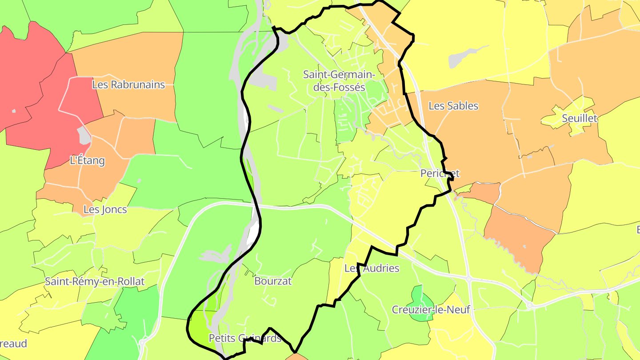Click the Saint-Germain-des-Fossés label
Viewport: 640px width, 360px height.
(339, 81)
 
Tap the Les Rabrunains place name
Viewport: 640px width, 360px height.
(128, 84)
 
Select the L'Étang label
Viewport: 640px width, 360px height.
(88, 160)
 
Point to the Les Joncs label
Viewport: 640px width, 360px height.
(105, 209)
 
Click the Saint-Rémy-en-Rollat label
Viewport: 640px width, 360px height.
(95, 281)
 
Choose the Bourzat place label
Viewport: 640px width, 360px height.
(273, 281)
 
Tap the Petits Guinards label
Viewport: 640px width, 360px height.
(245, 338)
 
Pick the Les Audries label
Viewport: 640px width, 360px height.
(372, 268)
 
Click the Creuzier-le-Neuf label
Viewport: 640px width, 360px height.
(431, 310)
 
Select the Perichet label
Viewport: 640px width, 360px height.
(440, 173)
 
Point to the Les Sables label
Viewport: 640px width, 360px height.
(453, 106)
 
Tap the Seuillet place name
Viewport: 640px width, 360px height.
(580, 118)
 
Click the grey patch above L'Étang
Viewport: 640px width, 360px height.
(84, 135)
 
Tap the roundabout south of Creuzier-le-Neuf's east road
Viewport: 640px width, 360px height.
(529, 305)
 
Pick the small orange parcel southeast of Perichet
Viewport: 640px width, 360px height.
(484, 192)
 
